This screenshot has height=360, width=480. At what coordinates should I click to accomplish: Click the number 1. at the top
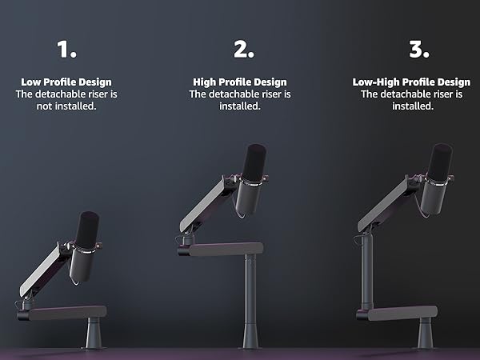(66, 50)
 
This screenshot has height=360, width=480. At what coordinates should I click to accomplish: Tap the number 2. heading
(244, 50)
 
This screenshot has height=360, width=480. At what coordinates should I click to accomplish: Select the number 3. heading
(419, 50)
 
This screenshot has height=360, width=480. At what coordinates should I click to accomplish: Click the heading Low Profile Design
(66, 82)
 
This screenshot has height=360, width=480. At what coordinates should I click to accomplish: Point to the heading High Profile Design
(239, 82)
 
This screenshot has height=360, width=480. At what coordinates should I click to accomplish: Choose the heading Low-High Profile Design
(411, 82)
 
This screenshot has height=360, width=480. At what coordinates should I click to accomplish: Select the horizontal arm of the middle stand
(225, 249)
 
